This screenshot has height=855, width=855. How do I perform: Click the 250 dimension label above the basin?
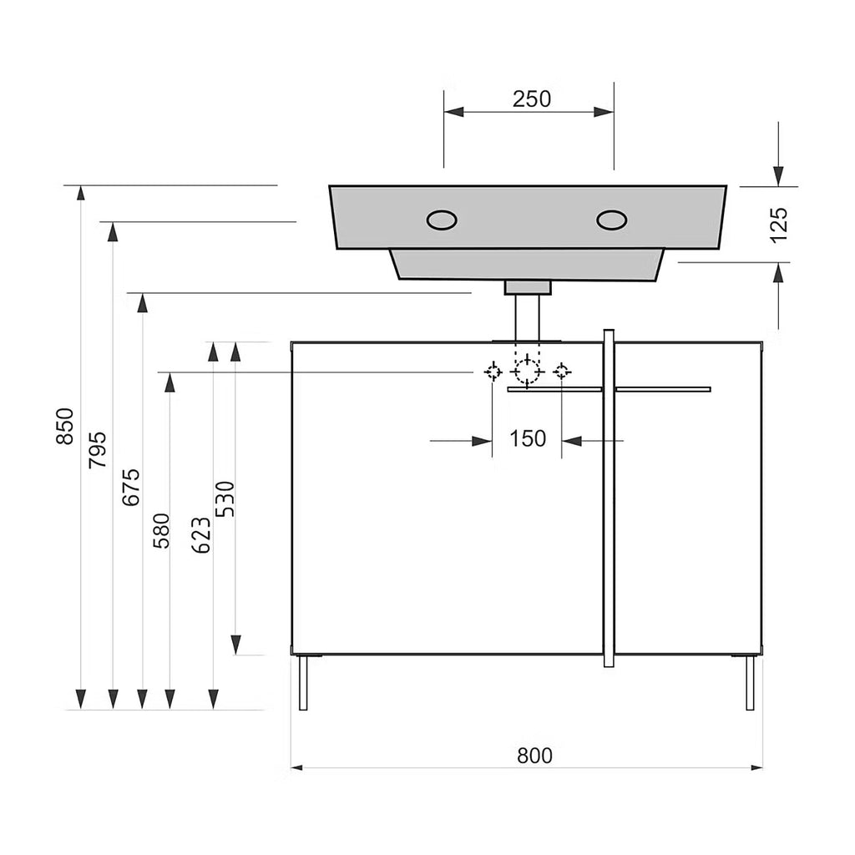pyautogui.click(x=532, y=99)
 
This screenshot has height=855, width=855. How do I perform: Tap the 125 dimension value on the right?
pyautogui.click(x=779, y=224)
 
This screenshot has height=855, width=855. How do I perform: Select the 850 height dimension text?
pyautogui.click(x=65, y=426)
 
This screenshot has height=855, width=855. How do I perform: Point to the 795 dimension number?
pyautogui.click(x=98, y=450)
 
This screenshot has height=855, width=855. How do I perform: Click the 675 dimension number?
pyautogui.click(x=131, y=487)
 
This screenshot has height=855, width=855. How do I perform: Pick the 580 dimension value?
pyautogui.click(x=161, y=530)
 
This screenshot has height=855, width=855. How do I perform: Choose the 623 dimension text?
pyautogui.click(x=202, y=535)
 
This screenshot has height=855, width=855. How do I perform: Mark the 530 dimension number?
pyautogui.click(x=225, y=499)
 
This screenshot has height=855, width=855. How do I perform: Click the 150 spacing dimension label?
pyautogui.click(x=528, y=438)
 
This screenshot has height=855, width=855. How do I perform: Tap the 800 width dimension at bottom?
pyautogui.click(x=535, y=756)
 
